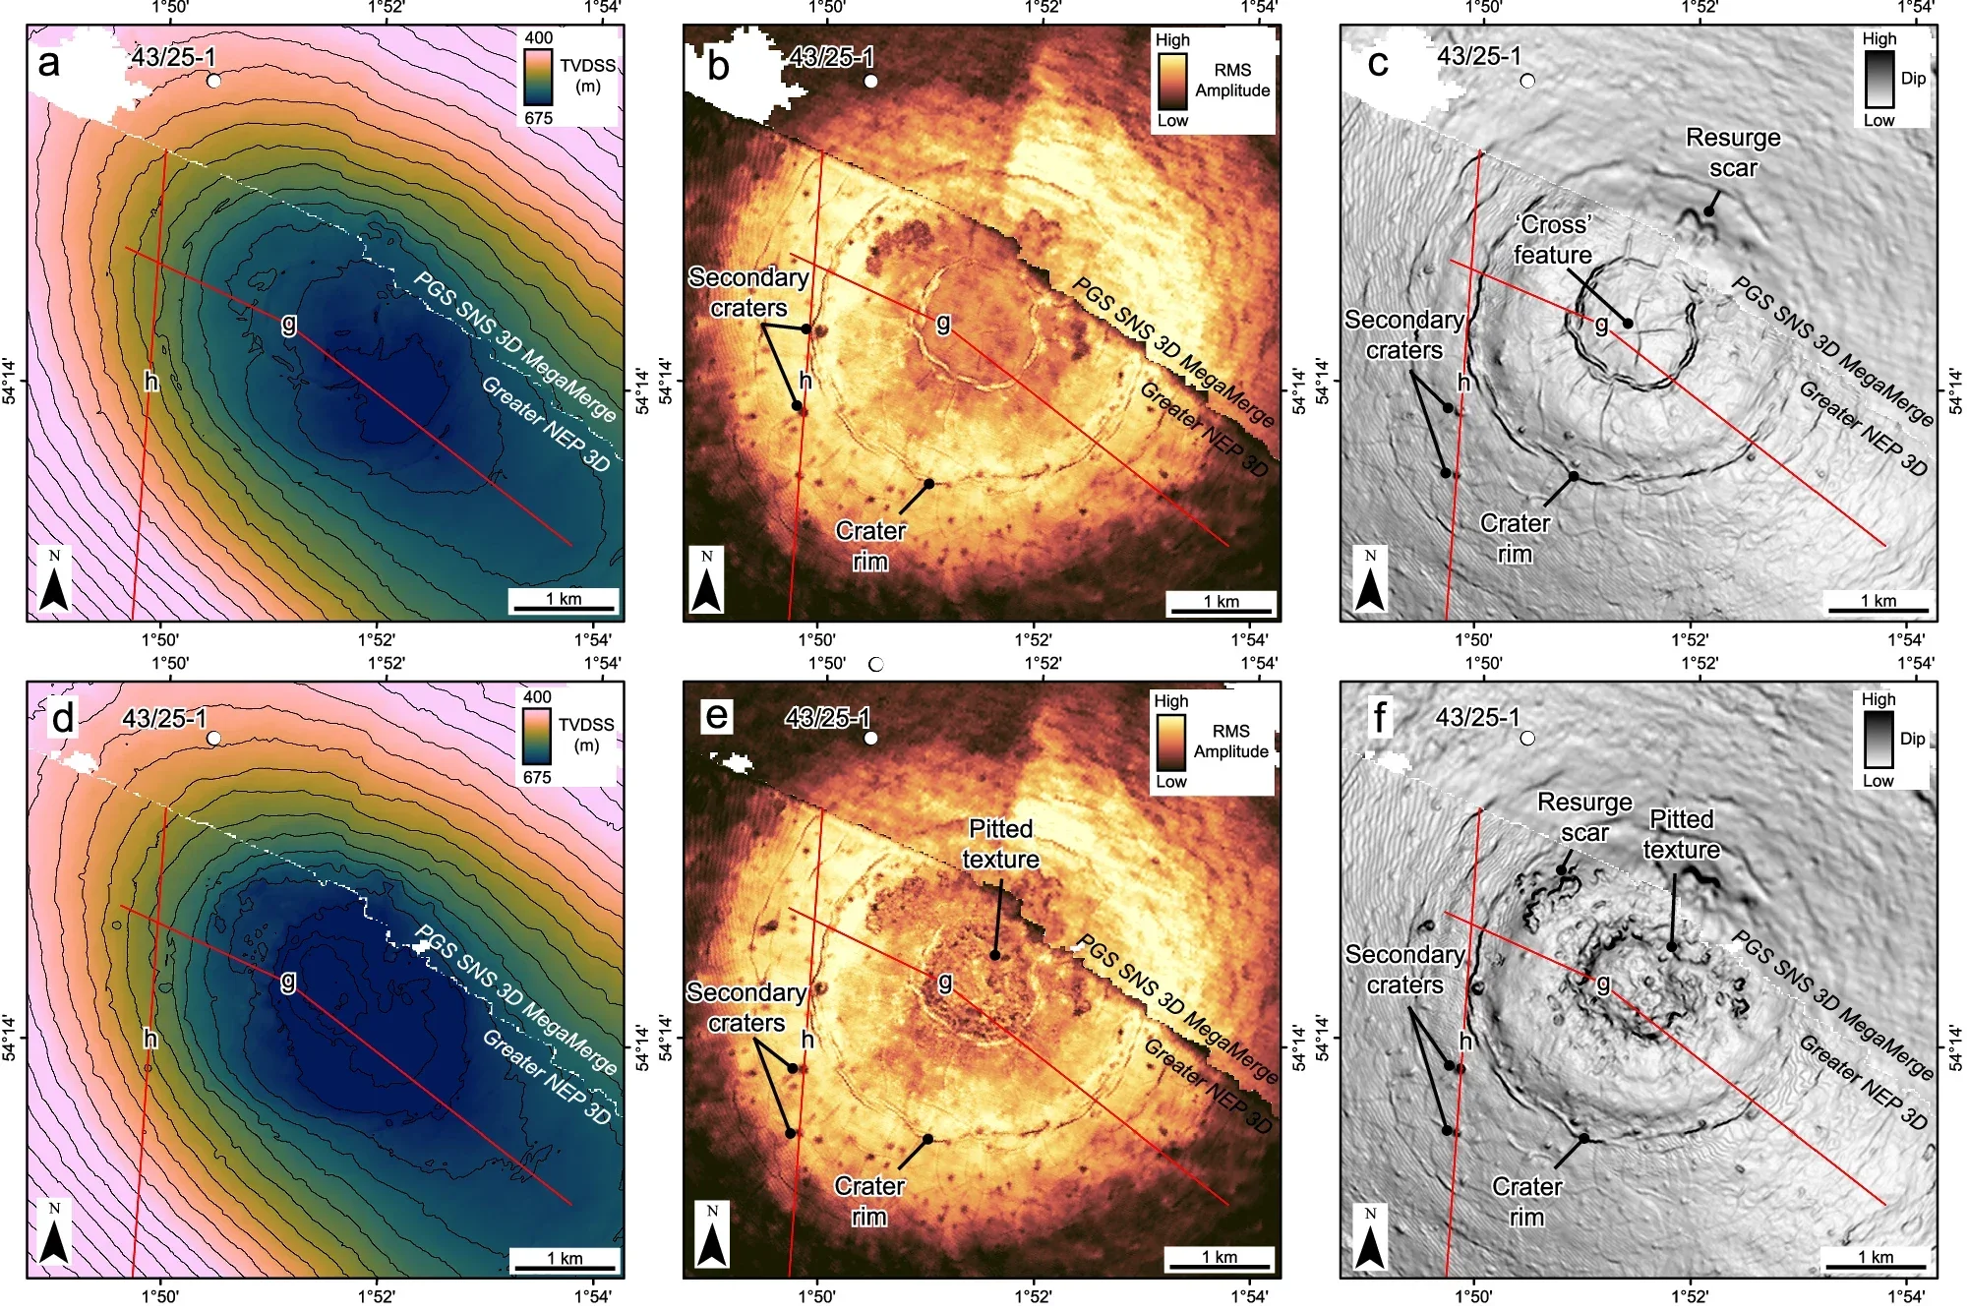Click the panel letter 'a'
tap(48, 64)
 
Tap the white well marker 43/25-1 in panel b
tap(870, 81)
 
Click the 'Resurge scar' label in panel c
tap(1733, 152)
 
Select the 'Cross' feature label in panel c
tap(1552, 239)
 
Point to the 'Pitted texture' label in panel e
tap(1000, 844)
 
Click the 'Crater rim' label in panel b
tap(870, 546)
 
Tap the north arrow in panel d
tap(54, 1236)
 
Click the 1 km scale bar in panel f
tap(1875, 1266)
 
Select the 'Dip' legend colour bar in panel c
tap(1879, 80)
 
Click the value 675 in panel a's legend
tap(539, 118)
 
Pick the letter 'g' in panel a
tap(289, 323)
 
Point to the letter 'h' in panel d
tap(150, 1039)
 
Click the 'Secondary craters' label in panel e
tap(746, 1007)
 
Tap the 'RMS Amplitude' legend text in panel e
tap(1230, 742)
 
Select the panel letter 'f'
tap(1379, 717)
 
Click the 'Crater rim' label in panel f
tap(1526, 1202)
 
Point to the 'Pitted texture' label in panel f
tap(1681, 834)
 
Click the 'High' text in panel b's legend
tap(1172, 40)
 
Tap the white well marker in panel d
tap(213, 738)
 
